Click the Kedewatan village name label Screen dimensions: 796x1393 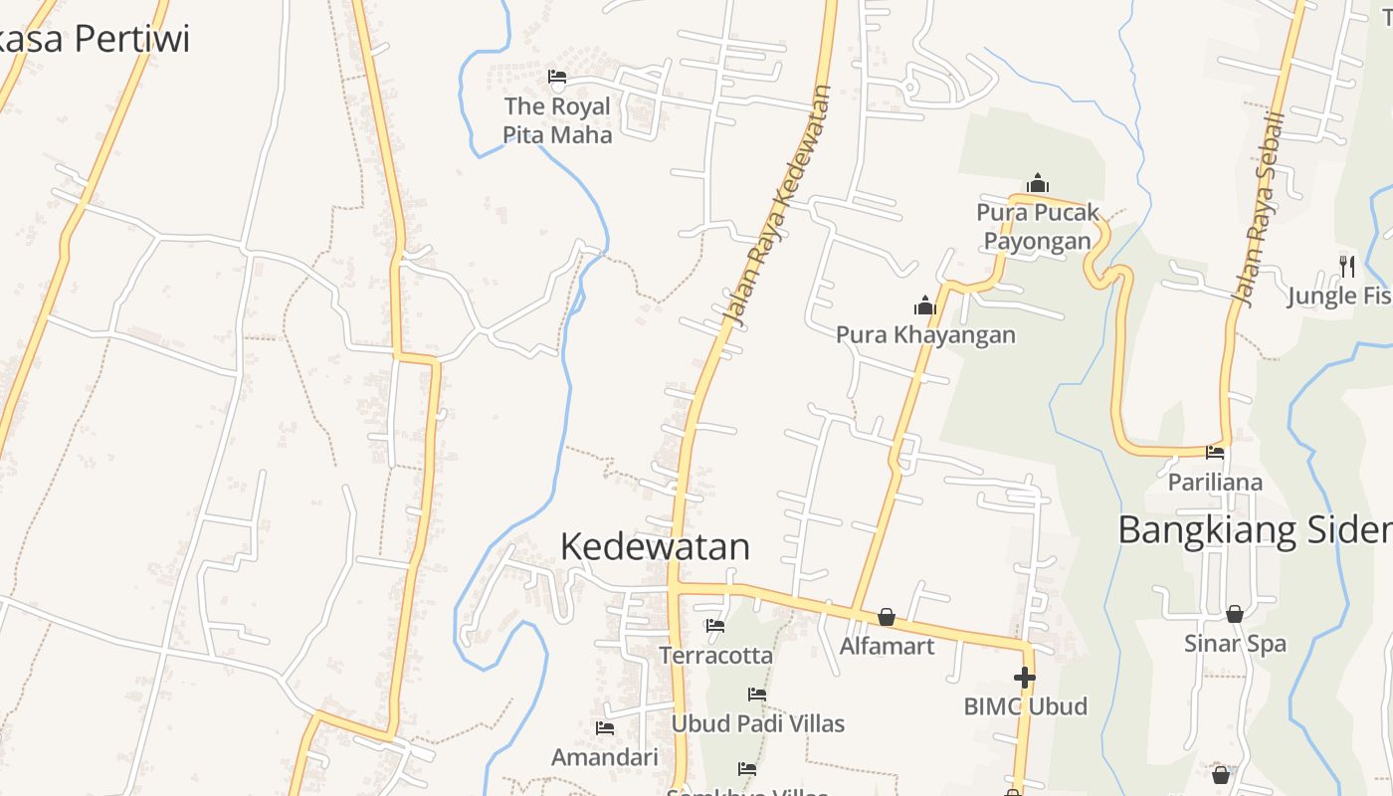tap(655, 546)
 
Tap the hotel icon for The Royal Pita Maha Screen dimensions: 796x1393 tap(557, 77)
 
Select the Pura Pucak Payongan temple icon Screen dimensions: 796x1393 tap(1038, 183)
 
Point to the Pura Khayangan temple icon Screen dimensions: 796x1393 tap(925, 305)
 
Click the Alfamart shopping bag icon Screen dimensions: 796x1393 tap(887, 618)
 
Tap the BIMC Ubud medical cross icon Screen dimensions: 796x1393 tap(1025, 678)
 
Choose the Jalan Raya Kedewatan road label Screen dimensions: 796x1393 tap(776, 206)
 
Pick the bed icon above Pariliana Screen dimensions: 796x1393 tap(1215, 453)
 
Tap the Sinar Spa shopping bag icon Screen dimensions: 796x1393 tap(1234, 614)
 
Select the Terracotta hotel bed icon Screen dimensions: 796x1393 tap(714, 626)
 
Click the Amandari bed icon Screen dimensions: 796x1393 tap(604, 728)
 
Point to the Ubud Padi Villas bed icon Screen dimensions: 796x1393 tap(757, 695)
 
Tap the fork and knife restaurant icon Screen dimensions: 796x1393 tap(1347, 266)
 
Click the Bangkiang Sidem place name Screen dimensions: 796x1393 tap(1255, 530)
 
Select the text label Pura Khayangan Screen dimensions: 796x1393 tap(925, 334)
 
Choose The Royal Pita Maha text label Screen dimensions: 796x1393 tap(557, 120)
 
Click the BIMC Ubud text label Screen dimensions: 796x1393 tap(1025, 706)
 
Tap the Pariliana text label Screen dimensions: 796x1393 tap(1215, 483)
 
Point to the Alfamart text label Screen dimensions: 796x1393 tap(887, 647)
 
